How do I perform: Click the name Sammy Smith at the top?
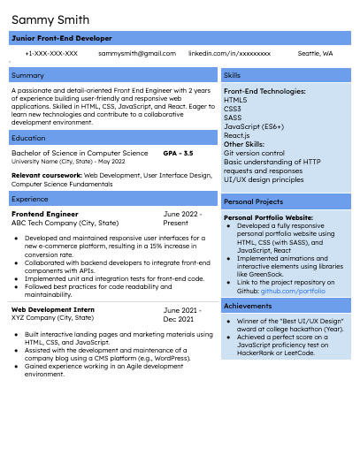point(50,19)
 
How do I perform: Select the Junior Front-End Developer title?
point(61,39)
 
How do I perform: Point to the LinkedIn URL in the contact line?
point(229,54)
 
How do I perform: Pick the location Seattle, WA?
point(315,54)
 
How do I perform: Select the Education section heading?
point(29,138)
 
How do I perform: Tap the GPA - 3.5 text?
point(178,153)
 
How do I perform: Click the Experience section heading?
point(30,200)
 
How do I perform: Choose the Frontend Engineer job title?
point(45,215)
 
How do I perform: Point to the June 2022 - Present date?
point(182,218)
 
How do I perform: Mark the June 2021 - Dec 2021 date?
point(182,315)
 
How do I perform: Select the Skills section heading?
point(233,75)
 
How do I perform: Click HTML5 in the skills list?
point(235,100)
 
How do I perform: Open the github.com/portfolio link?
point(293,290)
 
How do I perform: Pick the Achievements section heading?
point(249,306)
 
